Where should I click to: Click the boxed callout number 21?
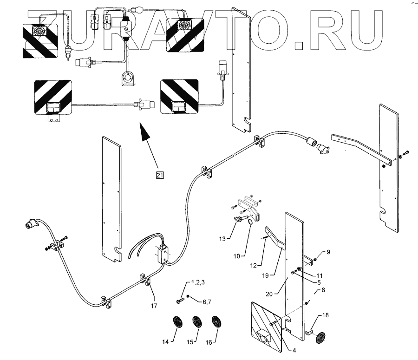(x=160, y=175)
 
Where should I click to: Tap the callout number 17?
(x=153, y=306)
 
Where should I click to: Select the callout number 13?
(x=223, y=238)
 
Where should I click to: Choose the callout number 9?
(x=328, y=252)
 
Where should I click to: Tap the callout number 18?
(x=325, y=316)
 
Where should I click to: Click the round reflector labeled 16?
(x=215, y=322)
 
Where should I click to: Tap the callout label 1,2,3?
(x=197, y=282)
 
